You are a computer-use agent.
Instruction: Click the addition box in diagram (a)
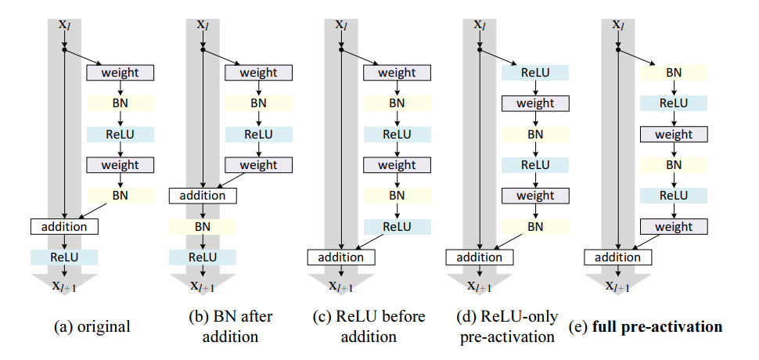64,226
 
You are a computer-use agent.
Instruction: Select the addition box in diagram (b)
203,196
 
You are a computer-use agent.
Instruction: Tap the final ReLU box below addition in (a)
64,257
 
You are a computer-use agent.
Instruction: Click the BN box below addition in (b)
203,226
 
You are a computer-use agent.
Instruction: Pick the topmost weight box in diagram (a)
121,73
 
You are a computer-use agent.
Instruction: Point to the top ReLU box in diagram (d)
535,73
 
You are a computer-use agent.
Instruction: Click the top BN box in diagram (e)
674,73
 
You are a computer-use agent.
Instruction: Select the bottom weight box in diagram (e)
674,226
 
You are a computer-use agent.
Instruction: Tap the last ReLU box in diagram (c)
397,226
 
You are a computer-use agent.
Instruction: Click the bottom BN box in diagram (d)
535,226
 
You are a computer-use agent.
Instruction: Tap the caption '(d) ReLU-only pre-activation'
508,326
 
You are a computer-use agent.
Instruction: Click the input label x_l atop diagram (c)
341,24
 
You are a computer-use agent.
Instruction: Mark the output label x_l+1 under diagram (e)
618,287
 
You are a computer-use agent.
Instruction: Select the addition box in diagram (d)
480,257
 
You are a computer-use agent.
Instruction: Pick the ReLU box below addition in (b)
203,257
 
